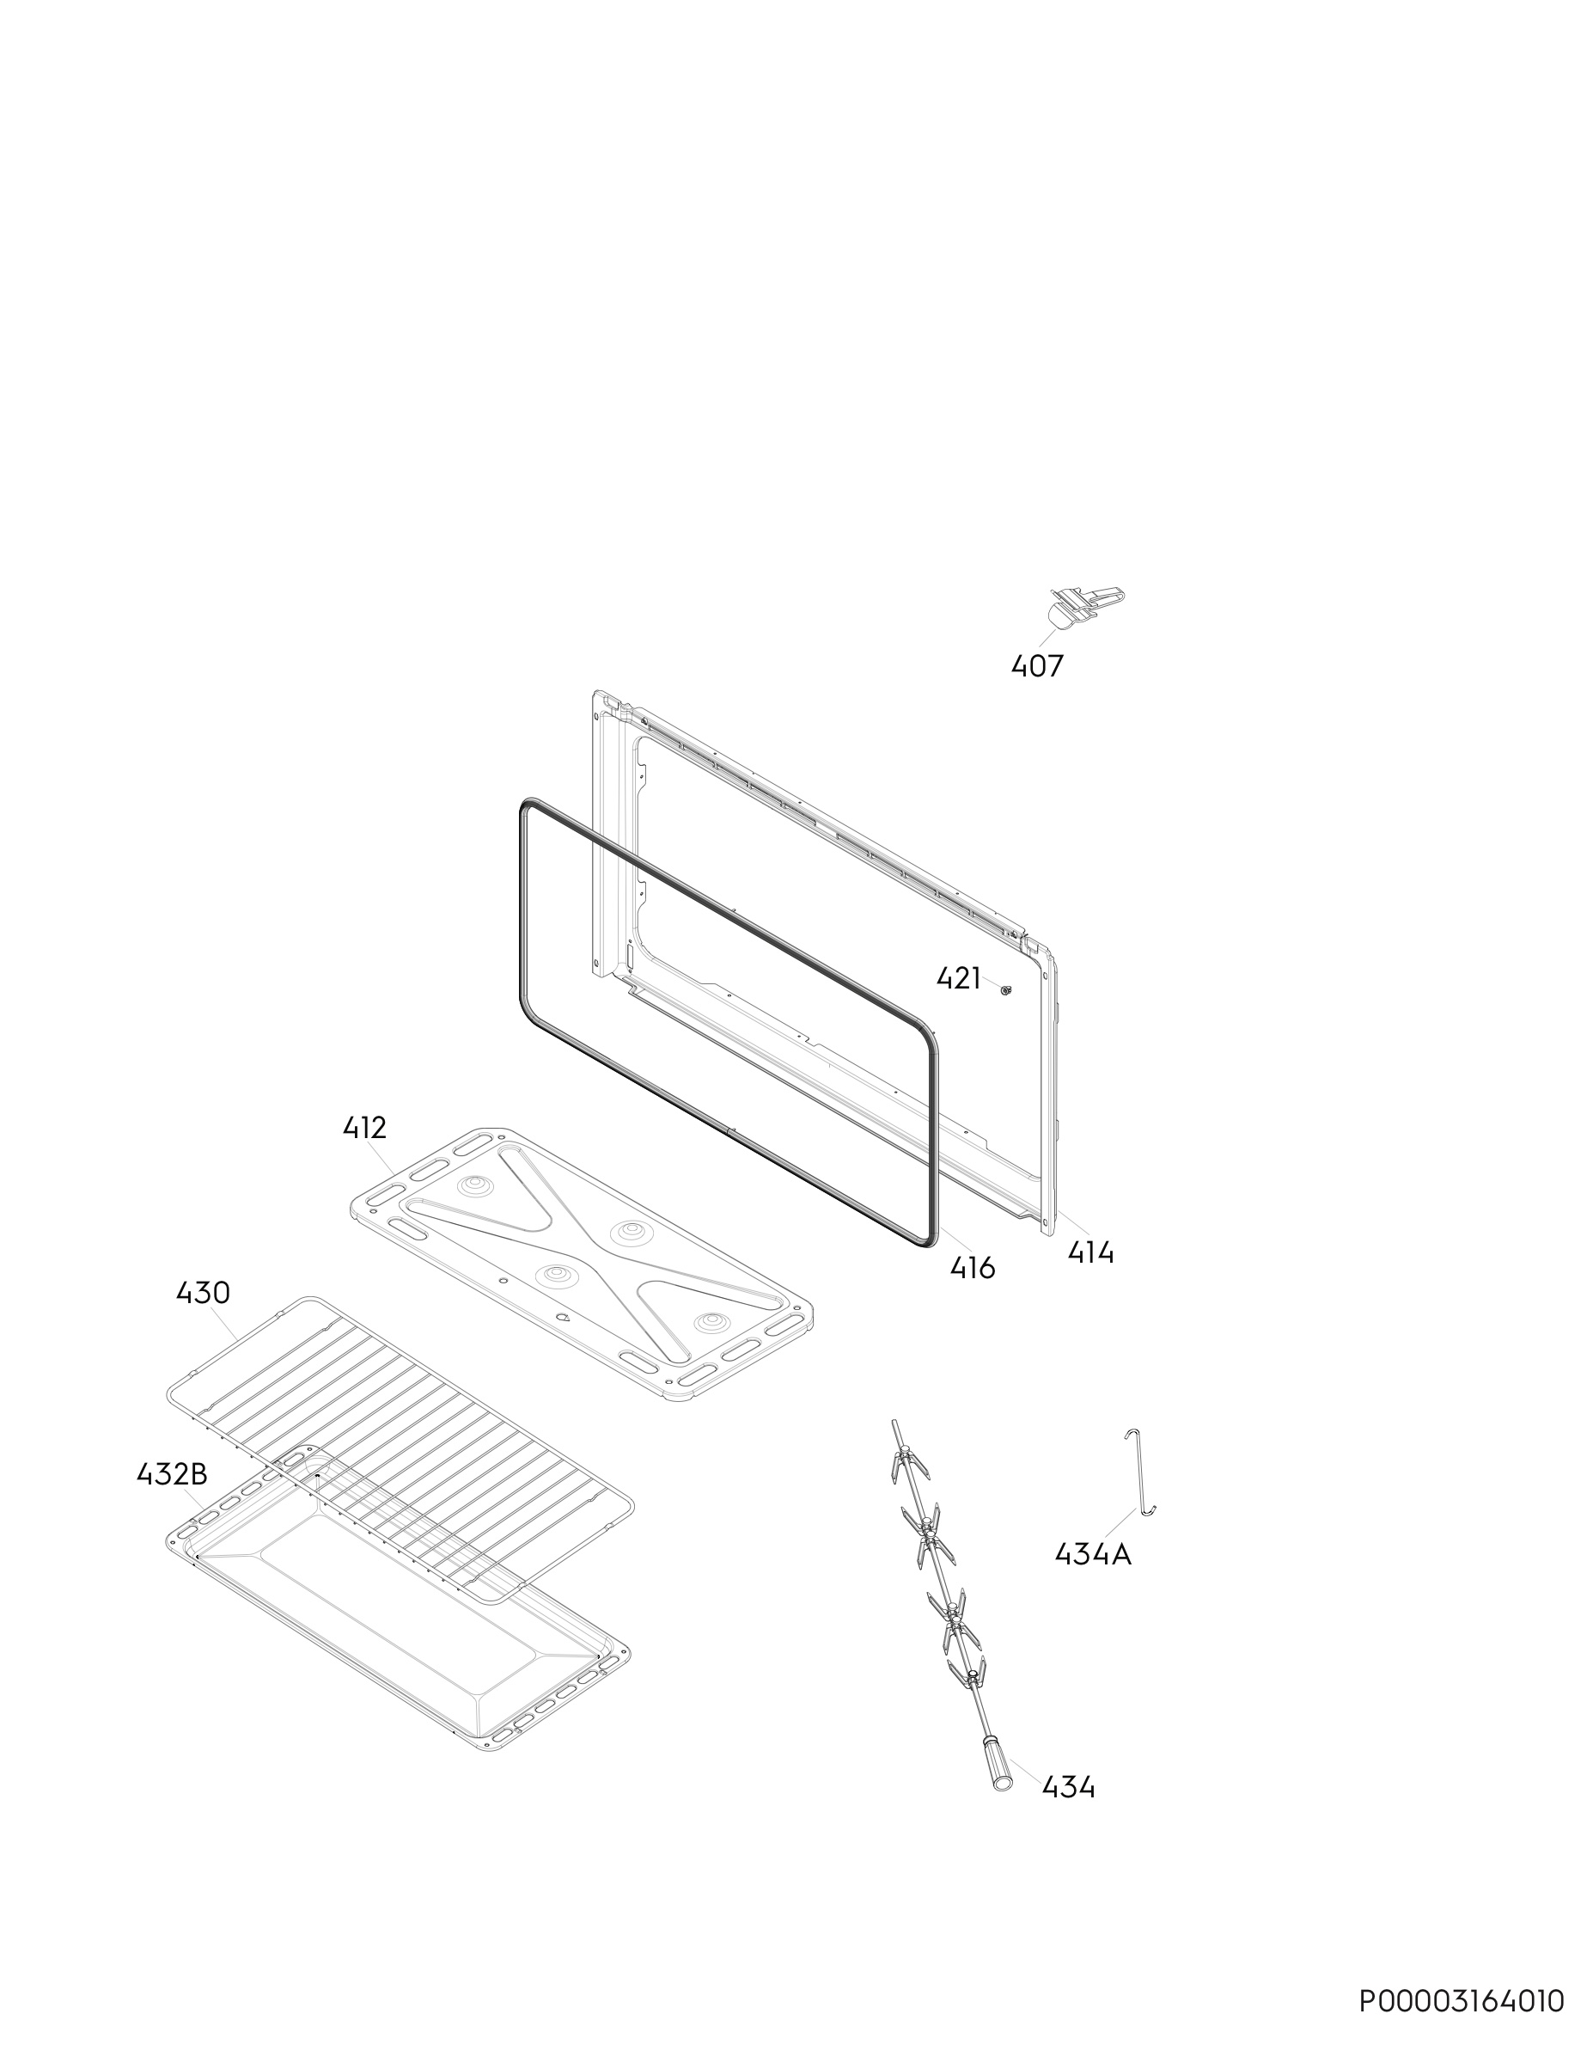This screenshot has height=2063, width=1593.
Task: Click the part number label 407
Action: click(x=1037, y=667)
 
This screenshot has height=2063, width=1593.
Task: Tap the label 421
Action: click(x=958, y=978)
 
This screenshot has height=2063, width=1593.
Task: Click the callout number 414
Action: click(x=1090, y=1253)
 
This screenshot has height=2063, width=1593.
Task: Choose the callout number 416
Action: click(x=973, y=1268)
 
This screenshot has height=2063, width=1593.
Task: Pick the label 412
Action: click(x=364, y=1128)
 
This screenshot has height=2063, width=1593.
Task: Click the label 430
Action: click(x=203, y=1292)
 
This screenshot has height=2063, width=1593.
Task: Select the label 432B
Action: click(x=172, y=1473)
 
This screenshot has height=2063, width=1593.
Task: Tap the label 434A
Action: click(x=1093, y=1554)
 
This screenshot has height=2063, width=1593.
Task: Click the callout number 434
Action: click(x=1068, y=1787)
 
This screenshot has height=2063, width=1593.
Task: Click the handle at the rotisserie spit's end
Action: click(x=996, y=1760)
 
